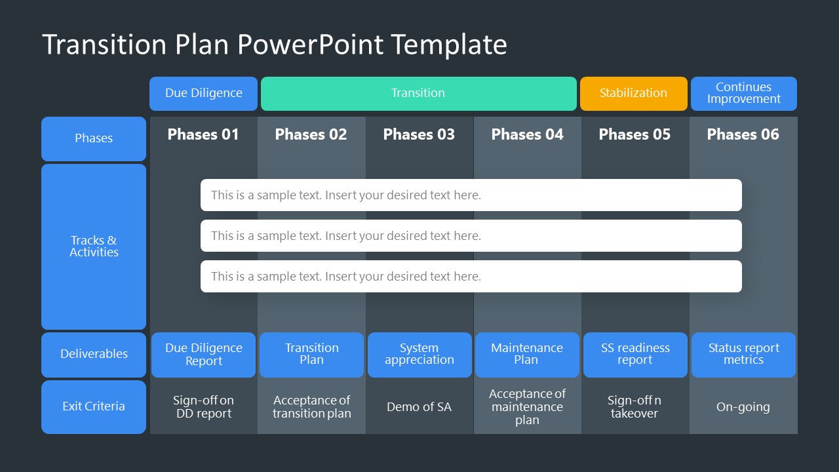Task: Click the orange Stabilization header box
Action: click(633, 93)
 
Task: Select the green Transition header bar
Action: click(418, 93)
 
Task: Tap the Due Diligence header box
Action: click(203, 93)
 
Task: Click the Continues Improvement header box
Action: click(743, 93)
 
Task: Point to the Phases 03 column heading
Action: click(419, 134)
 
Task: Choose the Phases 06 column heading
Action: click(743, 134)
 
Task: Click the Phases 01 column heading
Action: click(203, 134)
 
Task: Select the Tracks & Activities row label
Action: click(94, 246)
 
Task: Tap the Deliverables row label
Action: click(94, 354)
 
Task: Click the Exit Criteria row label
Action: click(94, 406)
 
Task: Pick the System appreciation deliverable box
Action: click(419, 354)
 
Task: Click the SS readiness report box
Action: click(635, 354)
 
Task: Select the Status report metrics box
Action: click(743, 354)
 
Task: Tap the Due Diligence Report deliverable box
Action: click(203, 354)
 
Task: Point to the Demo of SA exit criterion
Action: click(419, 407)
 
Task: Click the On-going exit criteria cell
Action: click(743, 407)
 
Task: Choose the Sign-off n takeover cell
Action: click(634, 407)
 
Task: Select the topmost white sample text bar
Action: click(471, 195)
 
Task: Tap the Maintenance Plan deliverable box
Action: click(527, 354)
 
